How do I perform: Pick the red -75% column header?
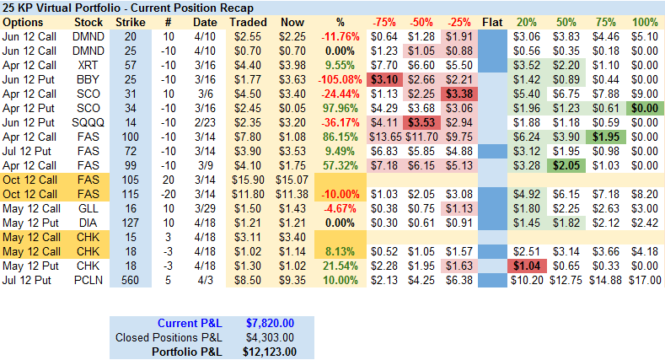383,21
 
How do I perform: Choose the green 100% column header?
646,21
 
